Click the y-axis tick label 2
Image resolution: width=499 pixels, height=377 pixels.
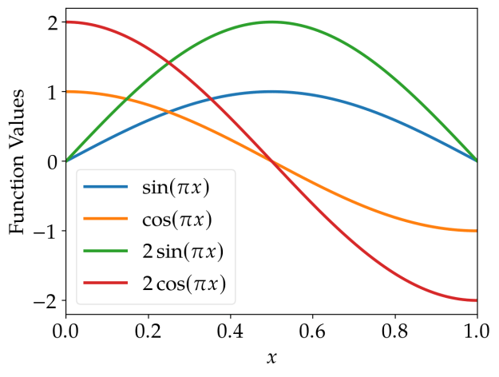click(51, 22)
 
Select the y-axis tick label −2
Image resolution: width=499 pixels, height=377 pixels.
click(46, 301)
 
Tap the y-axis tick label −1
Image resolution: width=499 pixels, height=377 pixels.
click(46, 232)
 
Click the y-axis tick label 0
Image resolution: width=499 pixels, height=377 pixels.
click(51, 162)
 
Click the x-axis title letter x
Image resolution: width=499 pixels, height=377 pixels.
click(271, 358)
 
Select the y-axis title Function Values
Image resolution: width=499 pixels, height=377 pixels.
click(18, 161)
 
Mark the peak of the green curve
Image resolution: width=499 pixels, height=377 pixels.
click(271, 22)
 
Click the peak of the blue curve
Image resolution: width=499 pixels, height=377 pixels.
click(271, 92)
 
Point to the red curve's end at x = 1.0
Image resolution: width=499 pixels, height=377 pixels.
click(477, 300)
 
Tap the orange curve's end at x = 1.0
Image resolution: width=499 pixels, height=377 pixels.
click(477, 231)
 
